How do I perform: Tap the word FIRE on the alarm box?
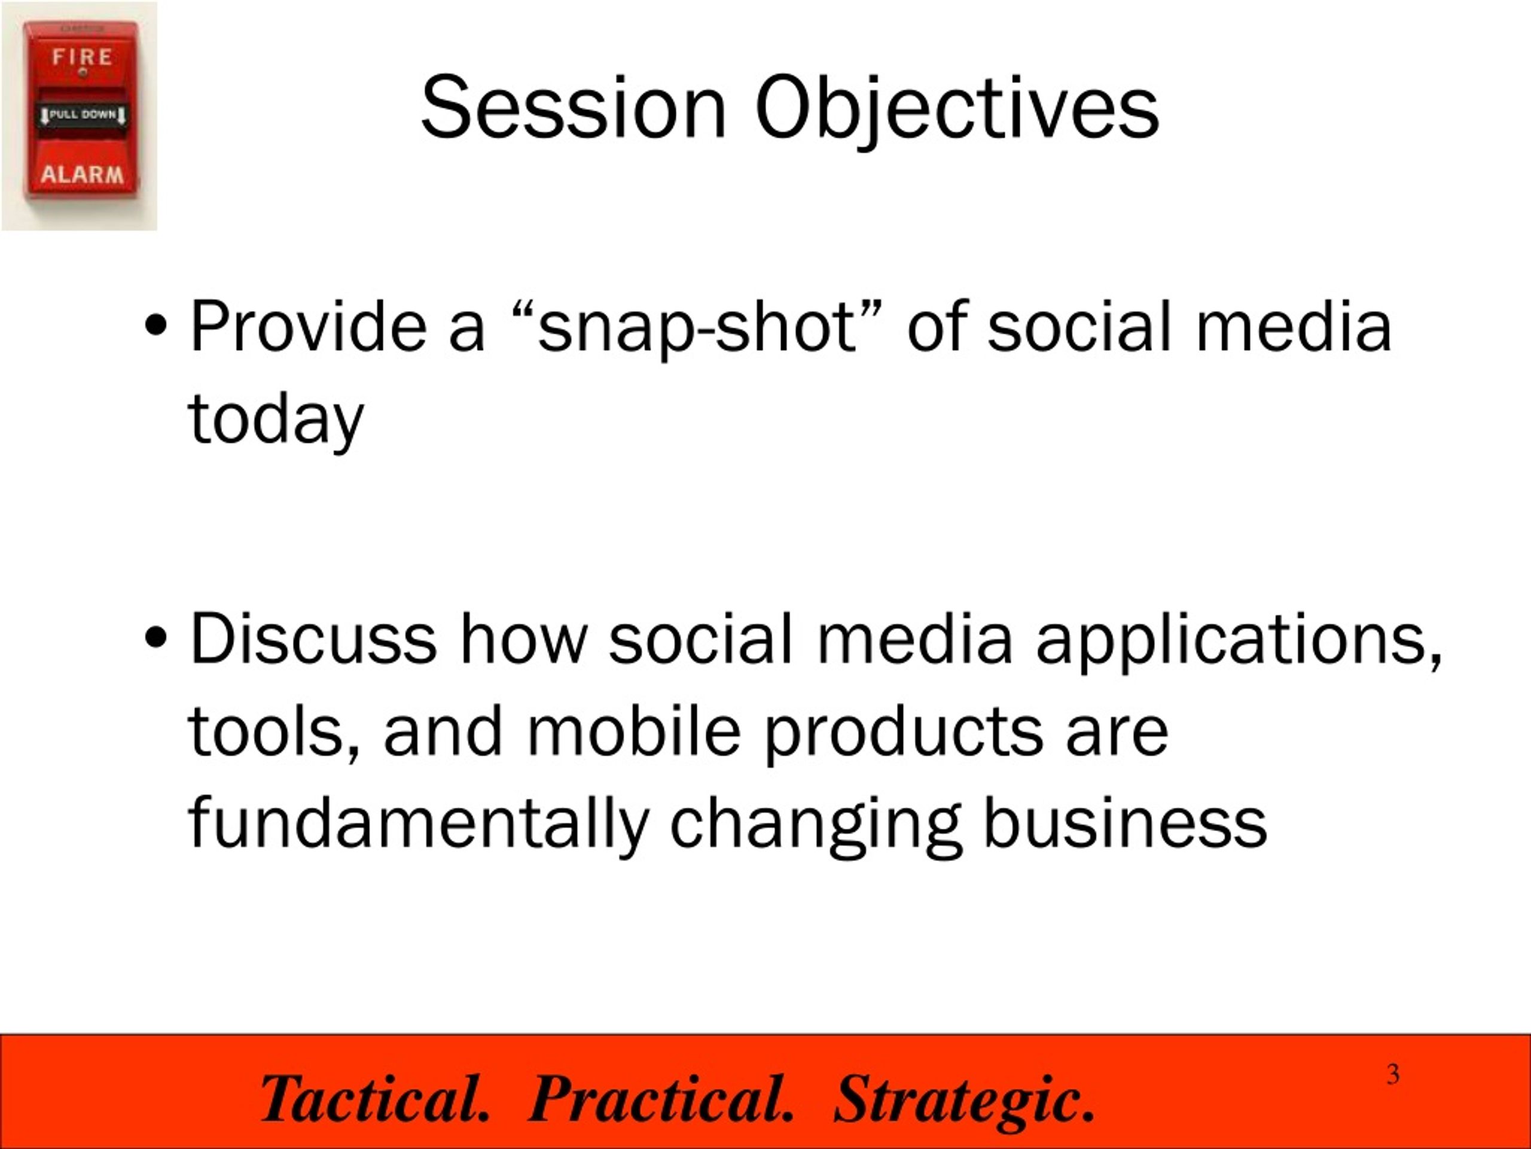tap(83, 56)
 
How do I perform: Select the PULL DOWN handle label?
tap(83, 114)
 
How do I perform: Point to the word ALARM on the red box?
tap(83, 174)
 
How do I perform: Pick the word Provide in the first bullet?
tap(308, 326)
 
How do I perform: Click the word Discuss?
tap(313, 637)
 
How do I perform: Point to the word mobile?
tap(634, 731)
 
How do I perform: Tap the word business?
tap(1125, 822)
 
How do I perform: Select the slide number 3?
tap(1393, 1074)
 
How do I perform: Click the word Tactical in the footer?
tap(374, 1099)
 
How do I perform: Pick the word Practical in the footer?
tap(660, 1099)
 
